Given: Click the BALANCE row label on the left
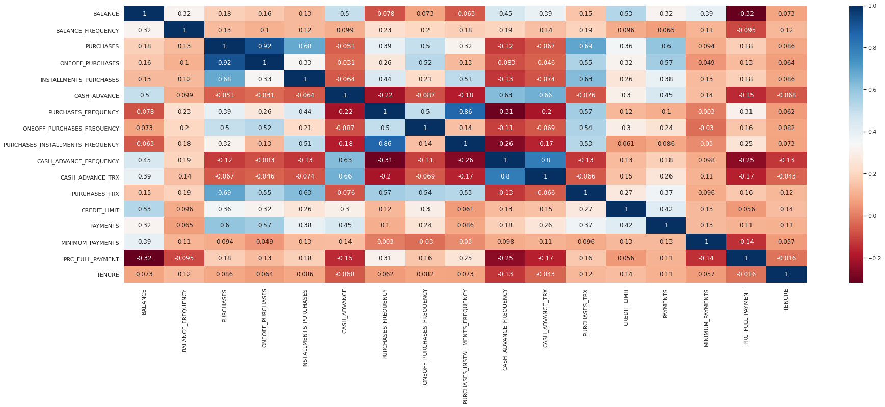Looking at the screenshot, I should (106, 14).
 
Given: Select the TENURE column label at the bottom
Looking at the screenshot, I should (786, 300).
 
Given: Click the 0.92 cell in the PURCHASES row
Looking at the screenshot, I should (264, 46).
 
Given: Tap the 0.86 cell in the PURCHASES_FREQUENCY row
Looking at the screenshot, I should (465, 112).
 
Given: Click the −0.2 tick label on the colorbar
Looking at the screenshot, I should (874, 258).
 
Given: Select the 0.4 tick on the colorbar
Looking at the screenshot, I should (872, 132).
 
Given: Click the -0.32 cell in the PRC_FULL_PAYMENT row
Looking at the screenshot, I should (144, 258).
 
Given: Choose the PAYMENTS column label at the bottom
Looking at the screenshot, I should (666, 304).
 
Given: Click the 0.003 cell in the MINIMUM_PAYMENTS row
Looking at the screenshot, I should (385, 242).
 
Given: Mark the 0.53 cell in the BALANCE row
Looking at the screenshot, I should (626, 14).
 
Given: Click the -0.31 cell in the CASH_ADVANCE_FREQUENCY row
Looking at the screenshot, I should (385, 160).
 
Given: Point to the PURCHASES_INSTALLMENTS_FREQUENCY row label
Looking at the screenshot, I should (61, 145).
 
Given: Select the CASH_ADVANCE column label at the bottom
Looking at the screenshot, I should (345, 311).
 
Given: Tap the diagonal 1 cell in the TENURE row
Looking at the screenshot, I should (786, 274).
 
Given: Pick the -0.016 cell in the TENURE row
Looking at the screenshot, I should (746, 274).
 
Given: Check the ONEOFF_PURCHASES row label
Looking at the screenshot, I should (89, 63).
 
